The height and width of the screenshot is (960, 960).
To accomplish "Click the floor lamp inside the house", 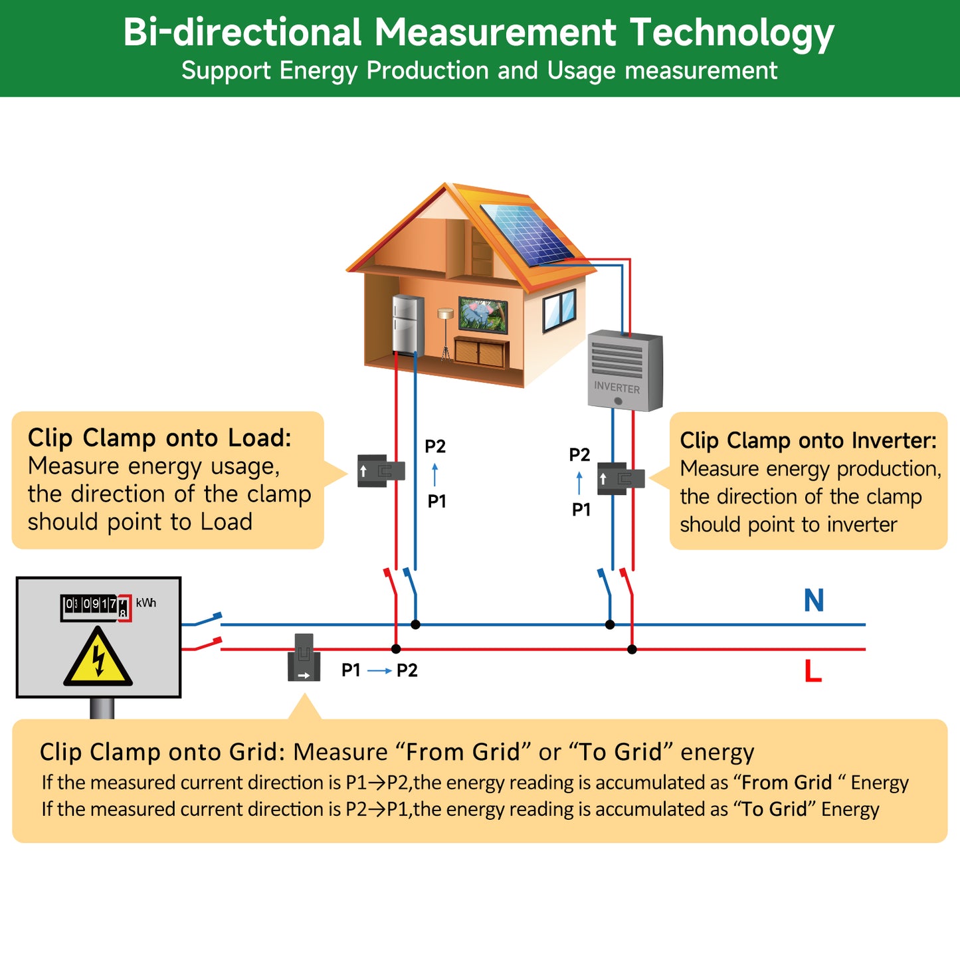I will tap(445, 332).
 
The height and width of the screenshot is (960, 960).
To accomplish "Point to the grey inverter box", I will tap(624, 371).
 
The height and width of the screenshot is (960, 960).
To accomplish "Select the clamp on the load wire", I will tap(381, 471).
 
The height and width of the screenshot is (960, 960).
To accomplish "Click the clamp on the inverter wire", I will tap(620, 479).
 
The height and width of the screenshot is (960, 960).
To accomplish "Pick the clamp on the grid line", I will tap(304, 658).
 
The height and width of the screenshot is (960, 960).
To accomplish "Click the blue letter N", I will tap(814, 601).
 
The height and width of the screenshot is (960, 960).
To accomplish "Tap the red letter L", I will tap(813, 671).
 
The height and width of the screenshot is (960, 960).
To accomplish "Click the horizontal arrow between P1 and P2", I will tap(379, 671).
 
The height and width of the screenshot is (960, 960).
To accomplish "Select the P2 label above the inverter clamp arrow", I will tap(579, 455).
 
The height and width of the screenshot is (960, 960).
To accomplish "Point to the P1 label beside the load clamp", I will tap(436, 502).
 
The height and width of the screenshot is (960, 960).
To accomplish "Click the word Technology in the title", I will tap(731, 33).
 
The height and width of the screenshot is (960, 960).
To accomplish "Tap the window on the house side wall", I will tap(559, 310).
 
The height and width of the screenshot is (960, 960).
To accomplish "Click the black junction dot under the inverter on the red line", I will tap(632, 649).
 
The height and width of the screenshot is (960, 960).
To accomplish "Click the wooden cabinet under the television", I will tap(482, 352).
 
